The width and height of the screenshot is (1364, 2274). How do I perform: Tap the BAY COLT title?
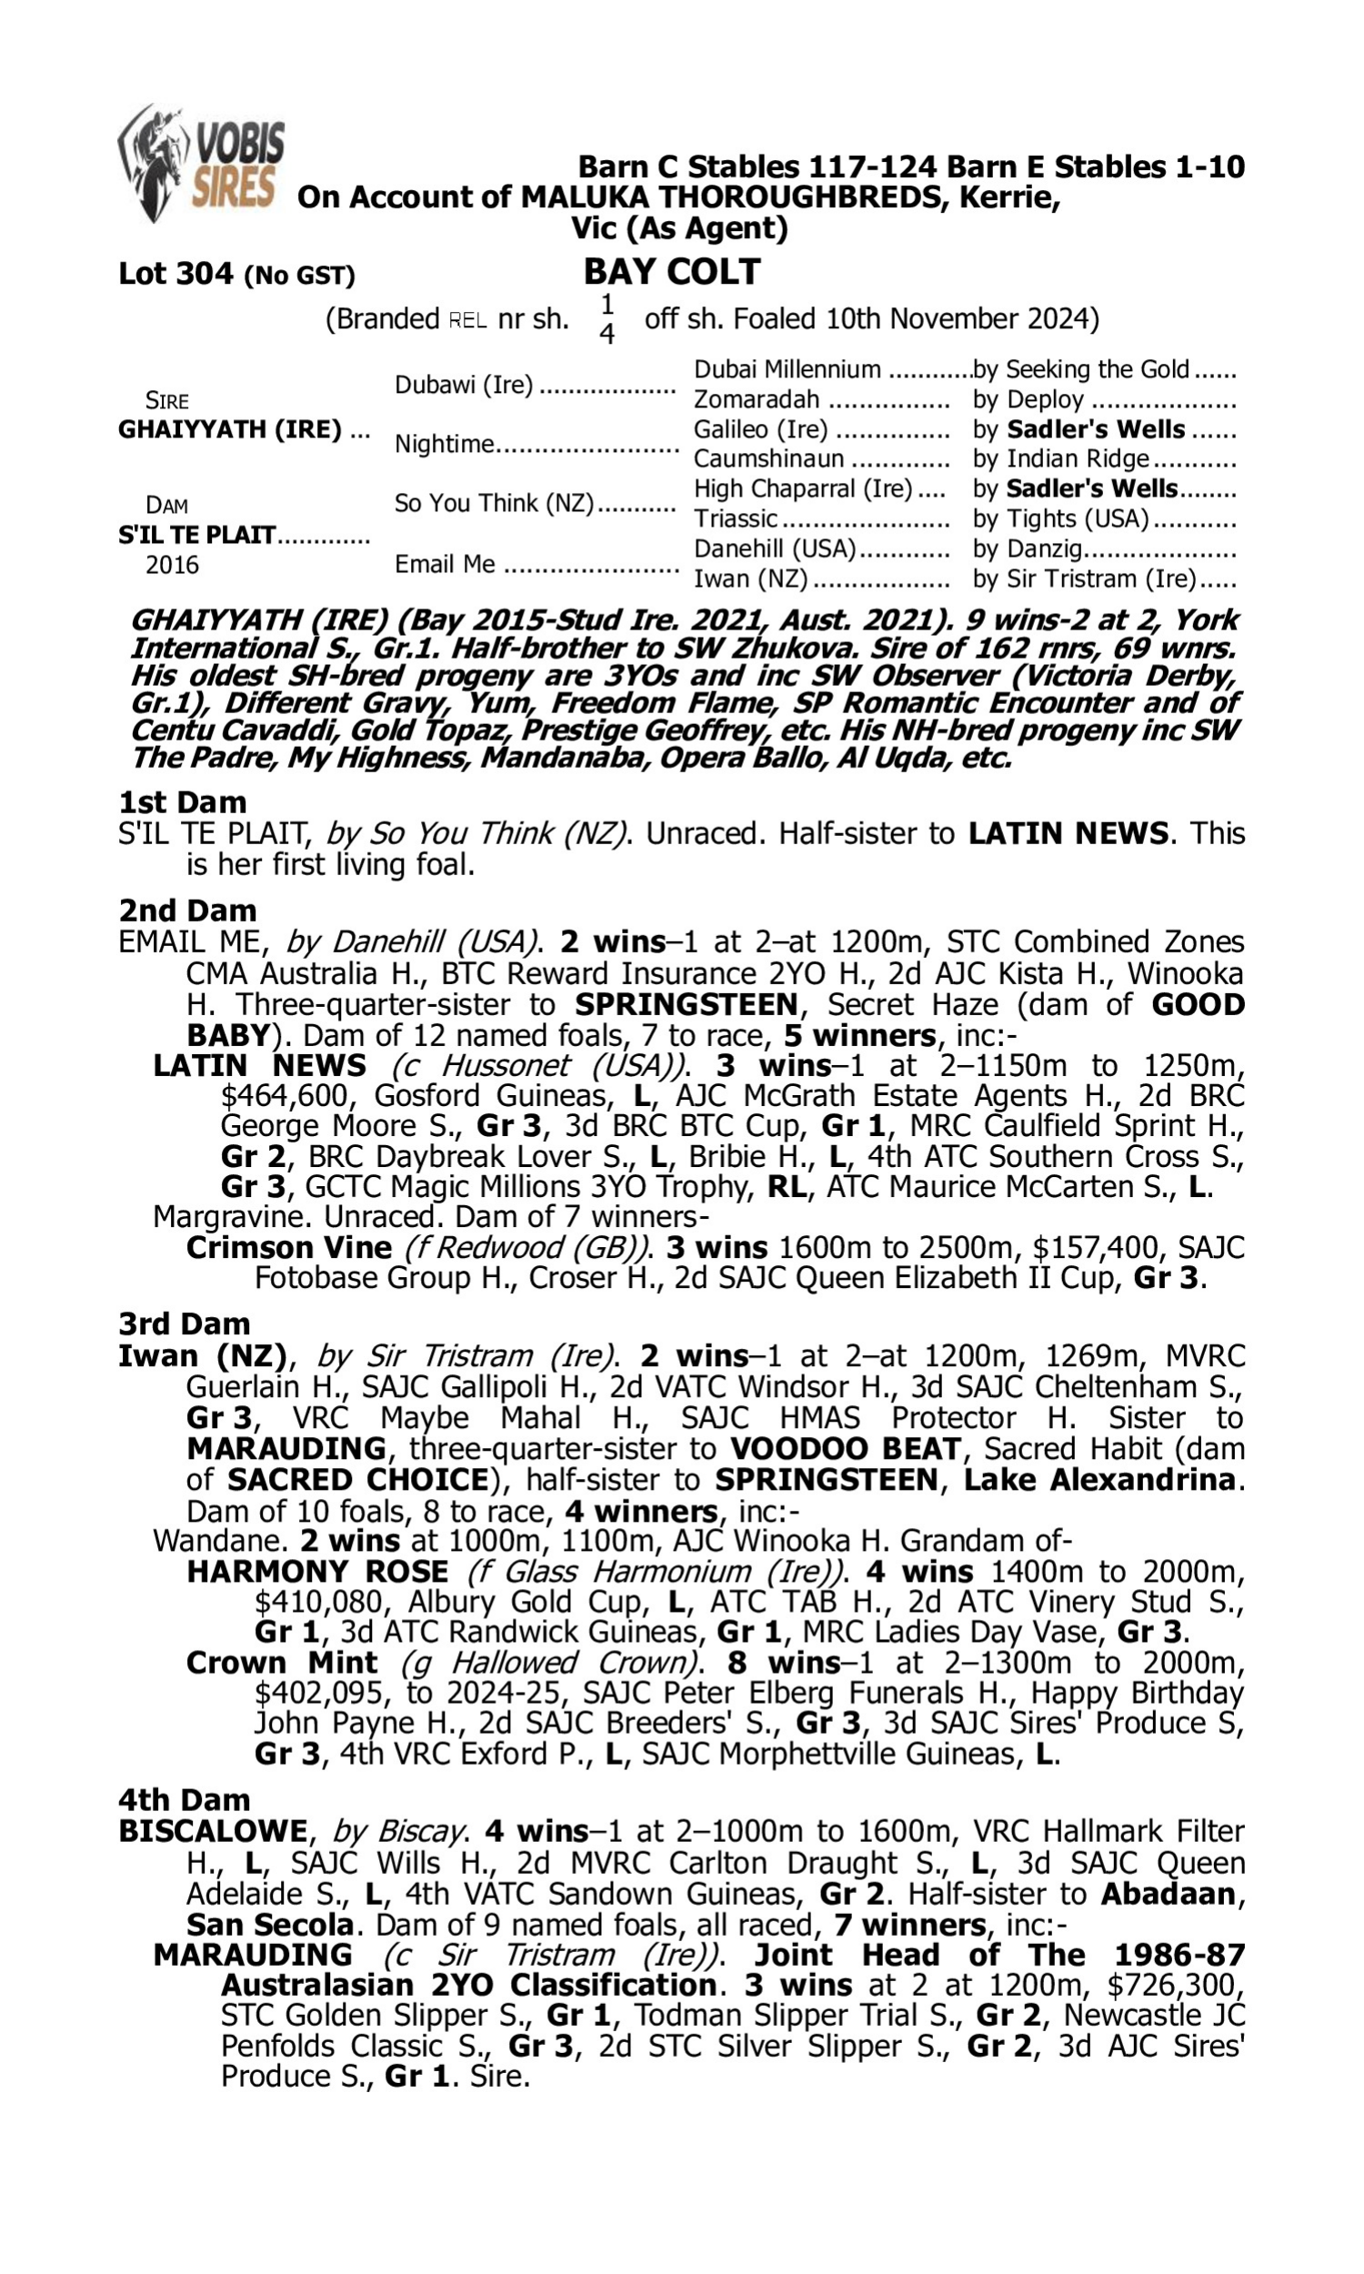[672, 272]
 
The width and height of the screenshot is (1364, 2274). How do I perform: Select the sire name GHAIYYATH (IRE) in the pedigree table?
[230, 429]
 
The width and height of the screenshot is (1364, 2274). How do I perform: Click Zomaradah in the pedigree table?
[756, 400]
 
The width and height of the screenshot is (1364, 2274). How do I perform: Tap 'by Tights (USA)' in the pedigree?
[1060, 519]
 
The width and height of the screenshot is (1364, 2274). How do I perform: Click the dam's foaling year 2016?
[172, 564]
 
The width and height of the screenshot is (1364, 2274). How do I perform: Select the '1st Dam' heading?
[183, 802]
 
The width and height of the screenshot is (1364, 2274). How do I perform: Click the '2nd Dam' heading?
[187, 910]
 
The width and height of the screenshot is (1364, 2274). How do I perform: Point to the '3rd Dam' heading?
[185, 1323]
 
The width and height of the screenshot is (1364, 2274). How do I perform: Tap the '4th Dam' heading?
[185, 1799]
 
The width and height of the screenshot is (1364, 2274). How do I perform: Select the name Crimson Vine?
[288, 1247]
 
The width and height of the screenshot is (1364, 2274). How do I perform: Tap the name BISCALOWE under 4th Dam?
[212, 1831]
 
